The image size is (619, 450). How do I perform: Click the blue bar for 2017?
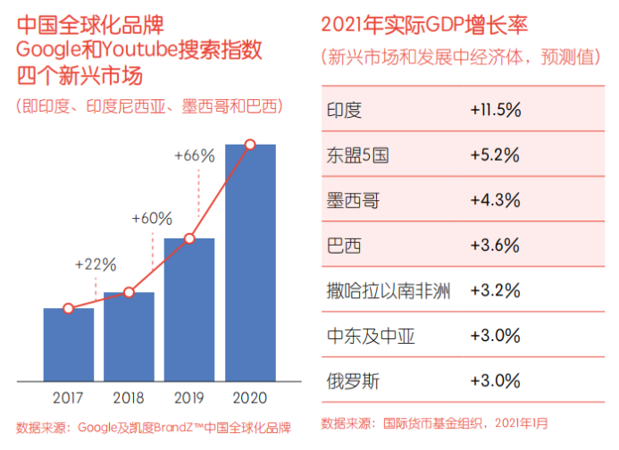click(69, 344)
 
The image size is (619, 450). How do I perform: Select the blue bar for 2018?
click(129, 336)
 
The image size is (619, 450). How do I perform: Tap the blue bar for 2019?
click(189, 309)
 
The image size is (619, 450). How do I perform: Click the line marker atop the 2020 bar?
click(250, 145)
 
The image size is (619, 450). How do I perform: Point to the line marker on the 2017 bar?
click(69, 309)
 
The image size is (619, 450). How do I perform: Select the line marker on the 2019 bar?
click(189, 238)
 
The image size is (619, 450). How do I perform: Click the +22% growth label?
click(96, 264)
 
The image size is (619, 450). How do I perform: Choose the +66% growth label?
click(194, 155)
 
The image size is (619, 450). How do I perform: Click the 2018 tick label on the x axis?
click(129, 397)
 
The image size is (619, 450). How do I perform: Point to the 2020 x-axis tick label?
click(250, 397)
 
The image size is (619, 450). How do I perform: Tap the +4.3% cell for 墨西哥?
click(495, 200)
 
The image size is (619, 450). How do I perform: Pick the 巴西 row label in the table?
click(343, 246)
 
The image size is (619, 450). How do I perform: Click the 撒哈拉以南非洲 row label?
click(388, 291)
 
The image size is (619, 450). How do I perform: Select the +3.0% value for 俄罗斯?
click(495, 381)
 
